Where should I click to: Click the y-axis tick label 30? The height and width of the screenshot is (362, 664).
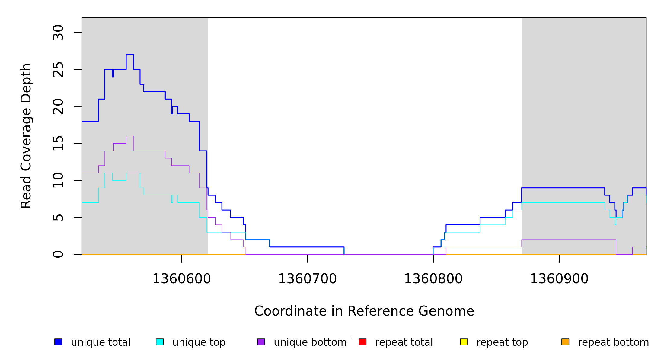coord(58,33)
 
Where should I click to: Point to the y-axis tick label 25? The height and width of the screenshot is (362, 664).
coord(58,69)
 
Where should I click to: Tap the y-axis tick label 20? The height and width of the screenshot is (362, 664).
coord(58,106)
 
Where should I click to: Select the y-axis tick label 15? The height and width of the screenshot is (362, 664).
coord(58,143)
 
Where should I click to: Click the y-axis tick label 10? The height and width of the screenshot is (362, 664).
coord(58,180)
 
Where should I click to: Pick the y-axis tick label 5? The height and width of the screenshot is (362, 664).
coord(58,218)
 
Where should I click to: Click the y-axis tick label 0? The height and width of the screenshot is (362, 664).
coord(58,254)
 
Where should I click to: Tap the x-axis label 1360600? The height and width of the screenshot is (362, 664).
coord(181,279)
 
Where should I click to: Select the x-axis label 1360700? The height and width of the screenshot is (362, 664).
coord(307,279)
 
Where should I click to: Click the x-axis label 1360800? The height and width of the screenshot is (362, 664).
coord(433,279)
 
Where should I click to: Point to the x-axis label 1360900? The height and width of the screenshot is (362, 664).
coord(559,279)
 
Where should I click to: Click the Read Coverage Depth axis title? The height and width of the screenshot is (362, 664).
coord(26,136)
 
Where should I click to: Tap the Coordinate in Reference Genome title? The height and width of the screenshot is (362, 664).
coord(364,311)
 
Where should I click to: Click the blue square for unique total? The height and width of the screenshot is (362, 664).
coord(58,342)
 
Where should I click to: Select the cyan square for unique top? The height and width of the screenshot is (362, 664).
coord(160,342)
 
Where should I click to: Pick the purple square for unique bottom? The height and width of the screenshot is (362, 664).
coord(261,342)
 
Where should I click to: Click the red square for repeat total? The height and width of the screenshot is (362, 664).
coord(362,342)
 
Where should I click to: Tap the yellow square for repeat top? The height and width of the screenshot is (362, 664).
coord(464,342)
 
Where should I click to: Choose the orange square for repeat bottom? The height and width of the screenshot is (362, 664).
coord(565,342)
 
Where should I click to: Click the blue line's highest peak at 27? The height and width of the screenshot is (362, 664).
coord(130,55)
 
